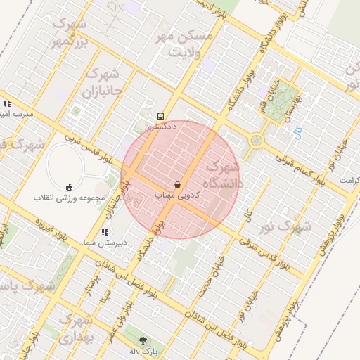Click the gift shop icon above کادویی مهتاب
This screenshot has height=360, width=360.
pyautogui.click(x=177, y=184)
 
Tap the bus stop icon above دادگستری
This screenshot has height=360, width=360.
pyautogui.click(x=161, y=117)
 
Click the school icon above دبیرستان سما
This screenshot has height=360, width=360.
pyautogui.click(x=105, y=232)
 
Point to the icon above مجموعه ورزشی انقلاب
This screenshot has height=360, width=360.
pyautogui.click(x=68, y=187)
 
